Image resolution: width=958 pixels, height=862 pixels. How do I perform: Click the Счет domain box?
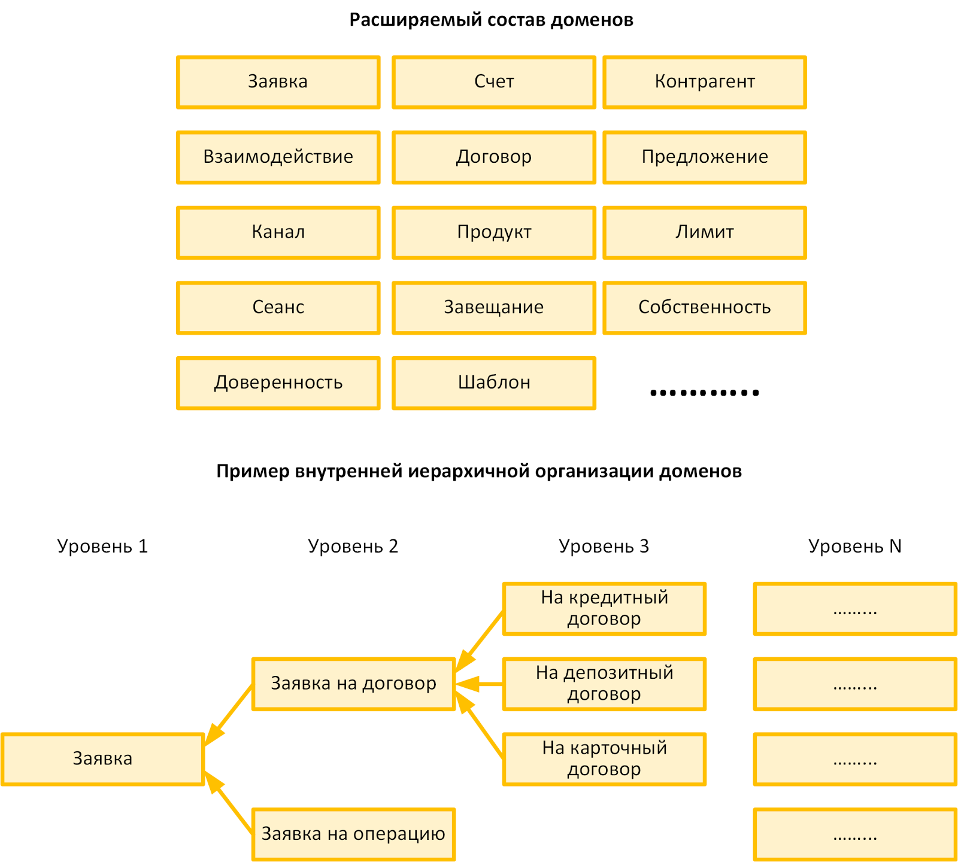pos(494,82)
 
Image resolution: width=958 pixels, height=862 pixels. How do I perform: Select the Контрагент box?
pos(704,82)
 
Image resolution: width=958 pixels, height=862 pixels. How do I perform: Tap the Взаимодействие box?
pos(278,157)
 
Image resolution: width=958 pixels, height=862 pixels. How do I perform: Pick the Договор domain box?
pos(494,157)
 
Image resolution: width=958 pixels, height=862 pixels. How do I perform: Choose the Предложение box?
pos(704,157)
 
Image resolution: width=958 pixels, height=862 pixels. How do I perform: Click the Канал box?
pos(278,232)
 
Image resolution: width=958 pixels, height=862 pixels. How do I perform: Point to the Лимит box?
pos(704,232)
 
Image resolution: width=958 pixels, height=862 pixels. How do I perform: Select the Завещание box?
pos(494,308)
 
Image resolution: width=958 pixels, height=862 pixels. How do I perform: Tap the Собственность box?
pos(704,308)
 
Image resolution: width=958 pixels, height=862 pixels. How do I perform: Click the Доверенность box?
pos(278,383)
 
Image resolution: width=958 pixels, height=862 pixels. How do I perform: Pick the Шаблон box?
pos(494,383)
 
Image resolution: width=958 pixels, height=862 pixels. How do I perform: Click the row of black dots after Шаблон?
pos(704,393)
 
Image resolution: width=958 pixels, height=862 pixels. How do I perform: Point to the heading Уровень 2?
pos(353,547)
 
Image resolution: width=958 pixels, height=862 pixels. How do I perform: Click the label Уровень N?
pos(854,547)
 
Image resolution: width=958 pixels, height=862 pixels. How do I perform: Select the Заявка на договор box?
pos(353,684)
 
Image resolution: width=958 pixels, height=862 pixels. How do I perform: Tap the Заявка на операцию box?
pos(353,834)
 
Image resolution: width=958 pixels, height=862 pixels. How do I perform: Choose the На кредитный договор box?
pos(604,608)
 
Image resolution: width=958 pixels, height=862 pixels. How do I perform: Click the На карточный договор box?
pos(604,759)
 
